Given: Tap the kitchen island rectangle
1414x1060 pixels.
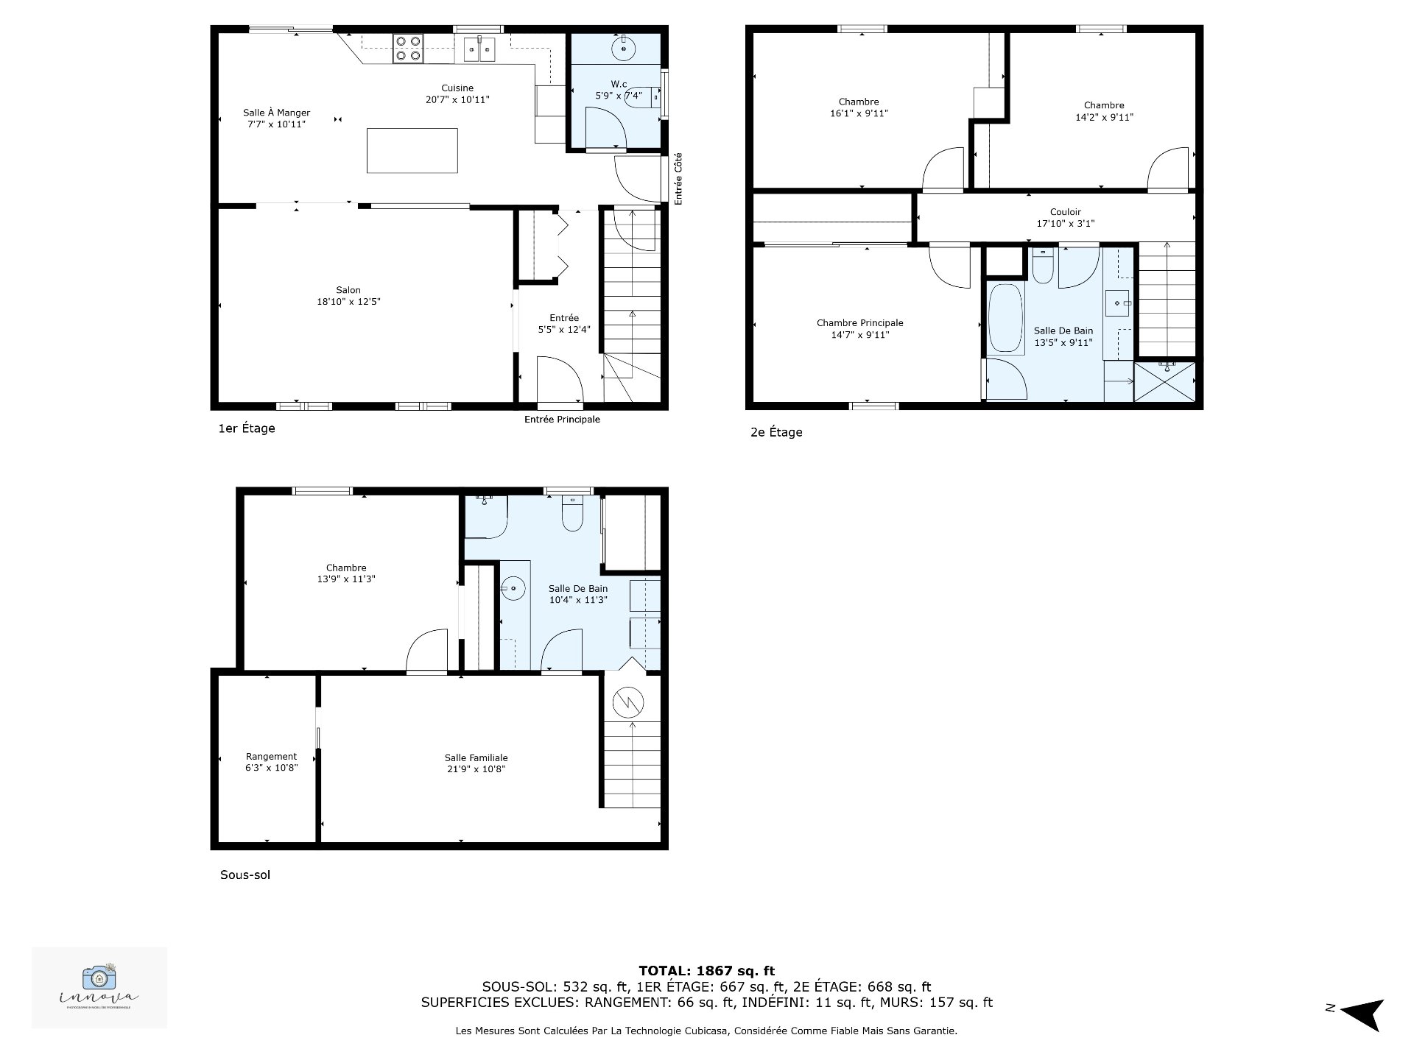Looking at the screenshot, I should click(x=412, y=151).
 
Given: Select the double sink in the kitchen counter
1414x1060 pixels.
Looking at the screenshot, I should click(x=479, y=49).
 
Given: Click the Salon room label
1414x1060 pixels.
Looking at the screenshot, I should click(x=348, y=296).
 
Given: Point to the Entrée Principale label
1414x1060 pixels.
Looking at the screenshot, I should click(x=562, y=420).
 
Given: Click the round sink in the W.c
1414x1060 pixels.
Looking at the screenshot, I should click(x=625, y=49).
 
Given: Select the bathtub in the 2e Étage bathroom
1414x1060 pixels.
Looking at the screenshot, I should click(x=1005, y=319).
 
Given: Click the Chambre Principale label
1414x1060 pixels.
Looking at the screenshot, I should click(x=859, y=328).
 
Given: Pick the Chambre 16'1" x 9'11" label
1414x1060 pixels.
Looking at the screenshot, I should click(x=858, y=107).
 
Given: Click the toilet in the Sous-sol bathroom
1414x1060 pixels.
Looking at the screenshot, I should click(x=572, y=514).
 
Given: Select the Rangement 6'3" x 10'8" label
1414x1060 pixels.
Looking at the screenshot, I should click(x=271, y=762).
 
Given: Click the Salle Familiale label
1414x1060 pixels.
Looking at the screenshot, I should click(x=476, y=763).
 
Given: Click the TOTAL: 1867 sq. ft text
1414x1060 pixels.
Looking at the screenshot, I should click(x=706, y=971).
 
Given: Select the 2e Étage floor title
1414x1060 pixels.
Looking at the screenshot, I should click(x=775, y=432).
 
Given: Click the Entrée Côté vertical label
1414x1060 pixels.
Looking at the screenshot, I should click(x=678, y=179).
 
